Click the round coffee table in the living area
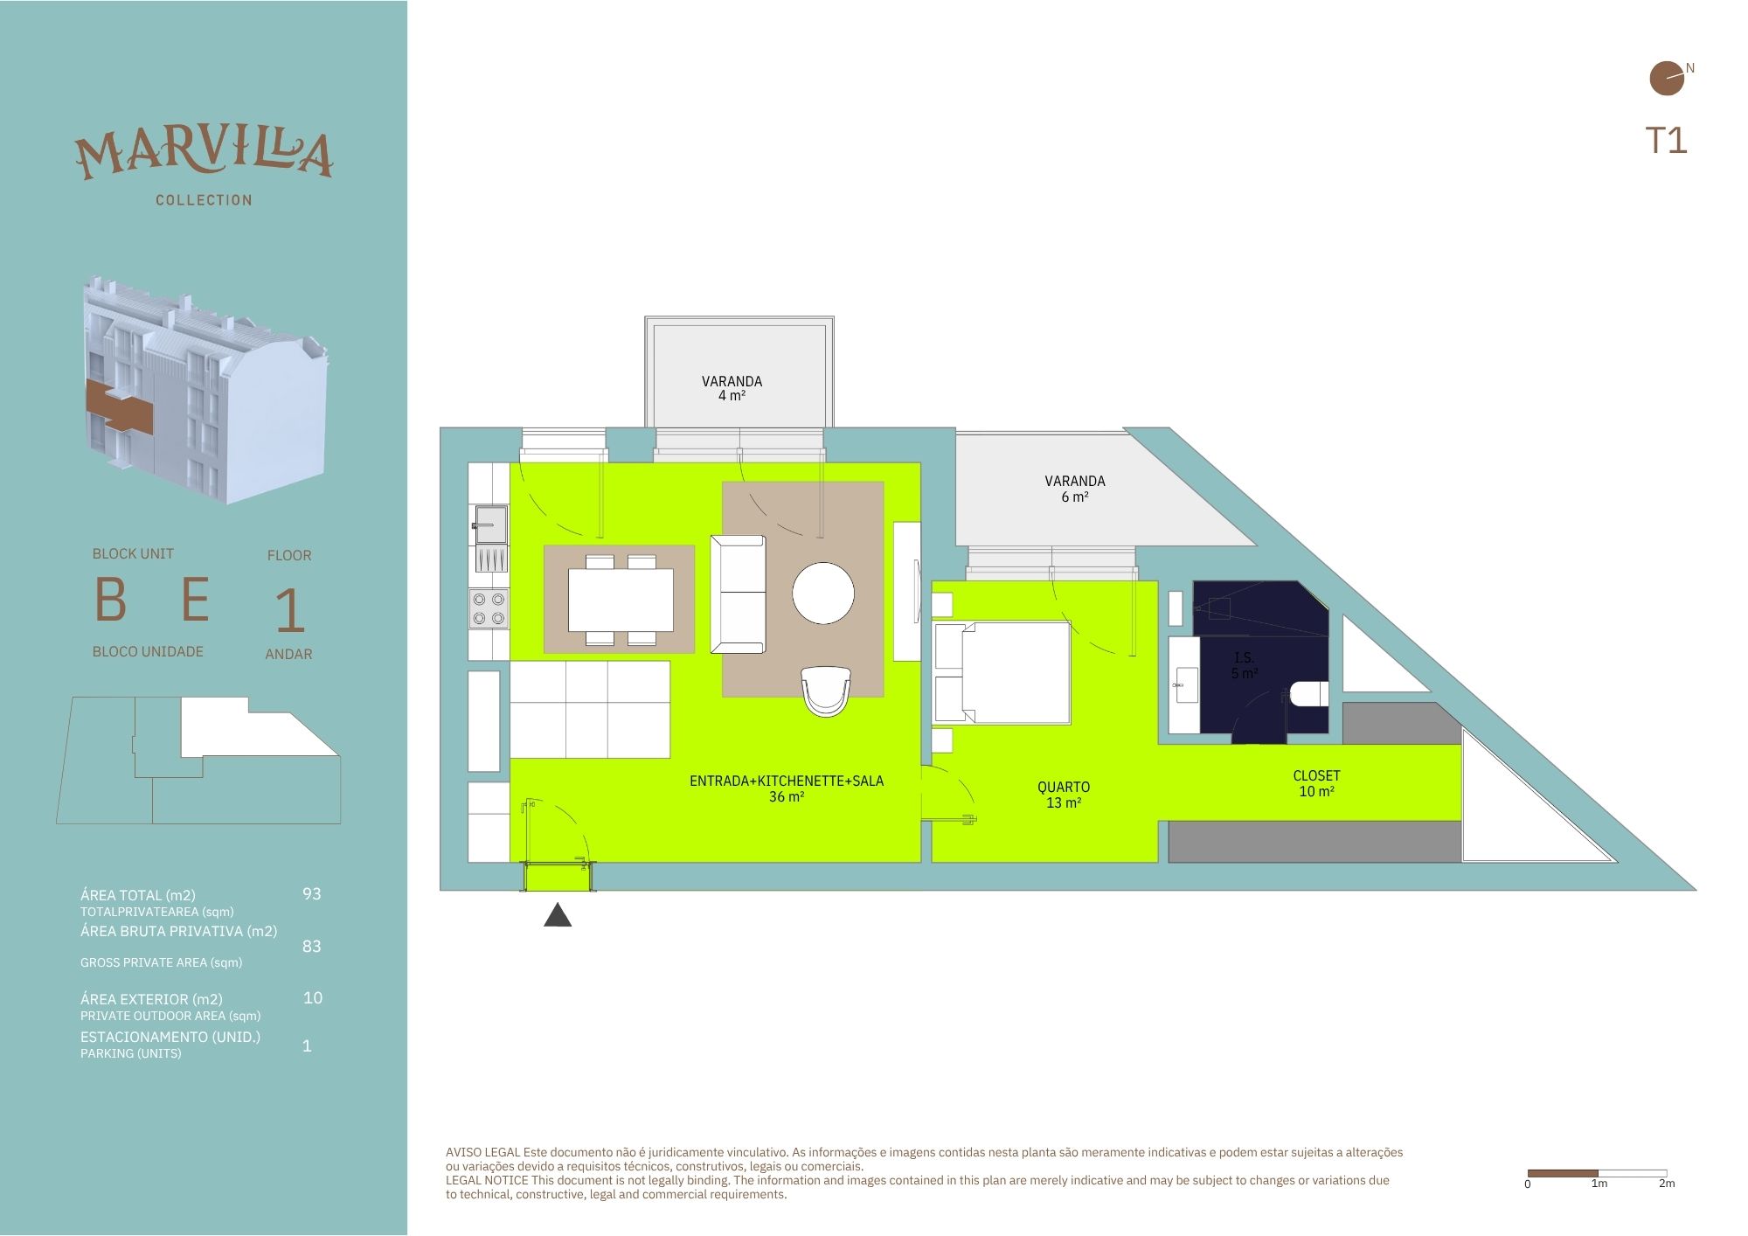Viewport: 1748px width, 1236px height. click(823, 593)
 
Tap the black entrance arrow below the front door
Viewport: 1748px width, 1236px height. click(558, 915)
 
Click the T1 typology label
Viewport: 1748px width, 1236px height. click(1666, 141)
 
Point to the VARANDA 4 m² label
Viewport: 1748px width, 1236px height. click(732, 388)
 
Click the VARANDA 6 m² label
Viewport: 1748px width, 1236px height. click(1075, 489)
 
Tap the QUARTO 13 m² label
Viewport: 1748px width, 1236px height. click(1064, 795)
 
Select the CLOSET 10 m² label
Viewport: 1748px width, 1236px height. click(1316, 783)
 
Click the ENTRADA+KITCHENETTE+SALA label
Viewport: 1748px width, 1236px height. click(787, 781)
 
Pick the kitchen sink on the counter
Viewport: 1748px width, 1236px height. click(490, 524)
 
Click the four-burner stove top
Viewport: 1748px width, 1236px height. click(489, 608)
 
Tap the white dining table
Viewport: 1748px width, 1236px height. click(621, 600)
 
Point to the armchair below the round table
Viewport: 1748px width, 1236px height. click(826, 691)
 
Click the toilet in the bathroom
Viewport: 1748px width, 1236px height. click(1308, 695)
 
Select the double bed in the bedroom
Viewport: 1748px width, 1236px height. click(1002, 672)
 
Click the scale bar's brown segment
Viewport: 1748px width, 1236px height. click(1563, 1173)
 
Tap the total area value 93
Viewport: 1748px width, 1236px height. click(312, 893)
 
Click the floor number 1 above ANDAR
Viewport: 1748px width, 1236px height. click(290, 611)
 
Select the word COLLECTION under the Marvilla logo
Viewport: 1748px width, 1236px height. click(204, 200)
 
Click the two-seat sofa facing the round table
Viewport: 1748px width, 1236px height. click(739, 594)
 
